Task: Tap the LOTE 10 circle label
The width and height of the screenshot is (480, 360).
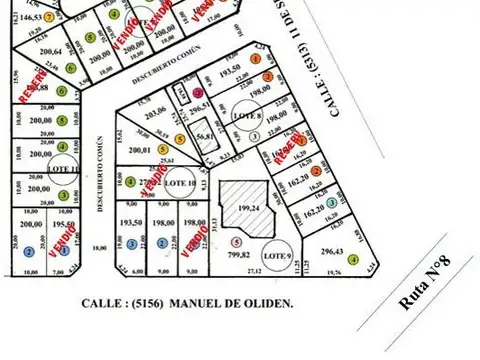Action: coord(179,184)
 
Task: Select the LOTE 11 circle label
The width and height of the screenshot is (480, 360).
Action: coord(62,169)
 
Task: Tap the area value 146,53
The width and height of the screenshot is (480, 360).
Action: coord(25,17)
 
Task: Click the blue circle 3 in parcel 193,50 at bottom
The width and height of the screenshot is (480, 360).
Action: coord(132,244)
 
